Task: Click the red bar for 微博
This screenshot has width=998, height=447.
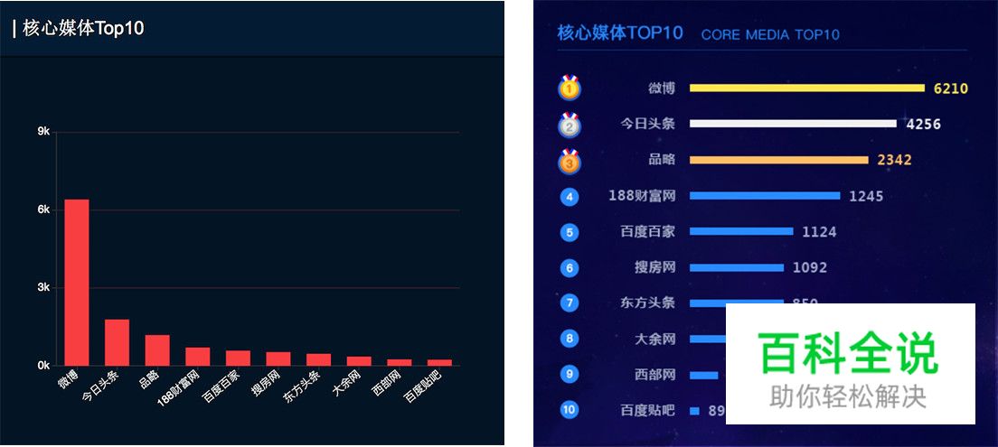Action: pos(76,282)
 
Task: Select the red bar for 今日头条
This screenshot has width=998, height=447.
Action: pos(117,342)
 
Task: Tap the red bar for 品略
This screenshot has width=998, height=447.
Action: pos(157,350)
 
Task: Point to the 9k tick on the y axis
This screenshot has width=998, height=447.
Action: pos(43,132)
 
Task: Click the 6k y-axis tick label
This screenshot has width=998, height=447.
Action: pos(43,210)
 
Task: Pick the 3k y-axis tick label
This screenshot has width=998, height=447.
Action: pos(43,288)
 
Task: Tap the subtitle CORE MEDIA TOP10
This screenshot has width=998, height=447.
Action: pos(770,35)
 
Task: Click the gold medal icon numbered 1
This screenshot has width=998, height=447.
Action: pos(570,88)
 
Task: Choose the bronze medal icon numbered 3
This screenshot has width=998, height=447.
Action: pos(570,162)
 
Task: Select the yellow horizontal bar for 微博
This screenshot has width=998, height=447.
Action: pos(806,88)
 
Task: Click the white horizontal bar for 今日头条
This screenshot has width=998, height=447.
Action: pos(792,124)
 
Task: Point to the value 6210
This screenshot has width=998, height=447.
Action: pos(950,88)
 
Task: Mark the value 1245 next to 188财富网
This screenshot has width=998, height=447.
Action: pos(866,196)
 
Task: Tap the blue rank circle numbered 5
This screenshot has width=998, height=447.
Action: pos(570,232)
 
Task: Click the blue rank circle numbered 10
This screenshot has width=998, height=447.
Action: pos(570,410)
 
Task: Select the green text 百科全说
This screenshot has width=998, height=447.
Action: pos(849,353)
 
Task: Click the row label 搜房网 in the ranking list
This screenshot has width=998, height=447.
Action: pos(655,267)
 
